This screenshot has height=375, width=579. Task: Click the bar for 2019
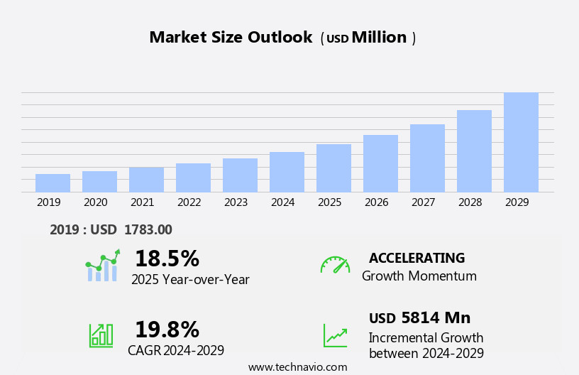[53, 183]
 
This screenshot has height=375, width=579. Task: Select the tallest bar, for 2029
[521, 143]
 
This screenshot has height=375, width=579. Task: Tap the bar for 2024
[287, 172]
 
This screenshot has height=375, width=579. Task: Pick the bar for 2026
[380, 163]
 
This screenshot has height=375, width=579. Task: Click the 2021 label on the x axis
[142, 202]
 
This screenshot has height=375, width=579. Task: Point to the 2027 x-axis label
[423, 202]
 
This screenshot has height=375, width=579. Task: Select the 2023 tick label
[236, 202]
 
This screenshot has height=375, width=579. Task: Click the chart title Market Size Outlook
[231, 38]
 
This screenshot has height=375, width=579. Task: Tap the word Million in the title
[379, 38]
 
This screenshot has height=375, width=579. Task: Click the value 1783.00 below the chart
[148, 230]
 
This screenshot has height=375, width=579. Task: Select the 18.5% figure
[167, 259]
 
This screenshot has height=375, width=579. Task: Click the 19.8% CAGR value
[167, 330]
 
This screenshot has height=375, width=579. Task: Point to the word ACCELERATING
[417, 259]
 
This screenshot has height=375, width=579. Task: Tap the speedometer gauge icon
[335, 266]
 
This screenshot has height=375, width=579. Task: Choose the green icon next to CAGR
[101, 335]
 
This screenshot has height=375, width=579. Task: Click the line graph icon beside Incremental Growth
[335, 335]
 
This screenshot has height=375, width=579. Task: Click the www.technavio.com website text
[297, 367]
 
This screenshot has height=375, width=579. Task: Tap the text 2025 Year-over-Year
[190, 280]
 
